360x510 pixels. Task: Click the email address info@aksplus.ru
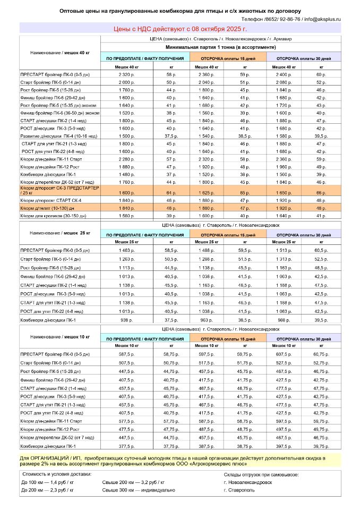pyautogui.click(x=322, y=19)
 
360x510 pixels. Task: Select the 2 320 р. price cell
pyautogui.click(x=127, y=75)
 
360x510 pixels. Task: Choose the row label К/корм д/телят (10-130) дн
pyautogui.click(x=48, y=208)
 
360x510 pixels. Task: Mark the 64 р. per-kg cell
pyautogui.click(x=171, y=193)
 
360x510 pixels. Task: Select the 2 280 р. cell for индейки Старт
pyautogui.click(x=127, y=158)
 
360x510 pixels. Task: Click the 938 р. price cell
pyautogui.click(x=127, y=320)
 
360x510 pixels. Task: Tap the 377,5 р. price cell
pyautogui.click(x=127, y=446)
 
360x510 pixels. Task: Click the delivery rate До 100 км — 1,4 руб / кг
pyautogui.click(x=47, y=482)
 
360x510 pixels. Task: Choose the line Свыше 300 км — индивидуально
pyautogui.click(x=138, y=490)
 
